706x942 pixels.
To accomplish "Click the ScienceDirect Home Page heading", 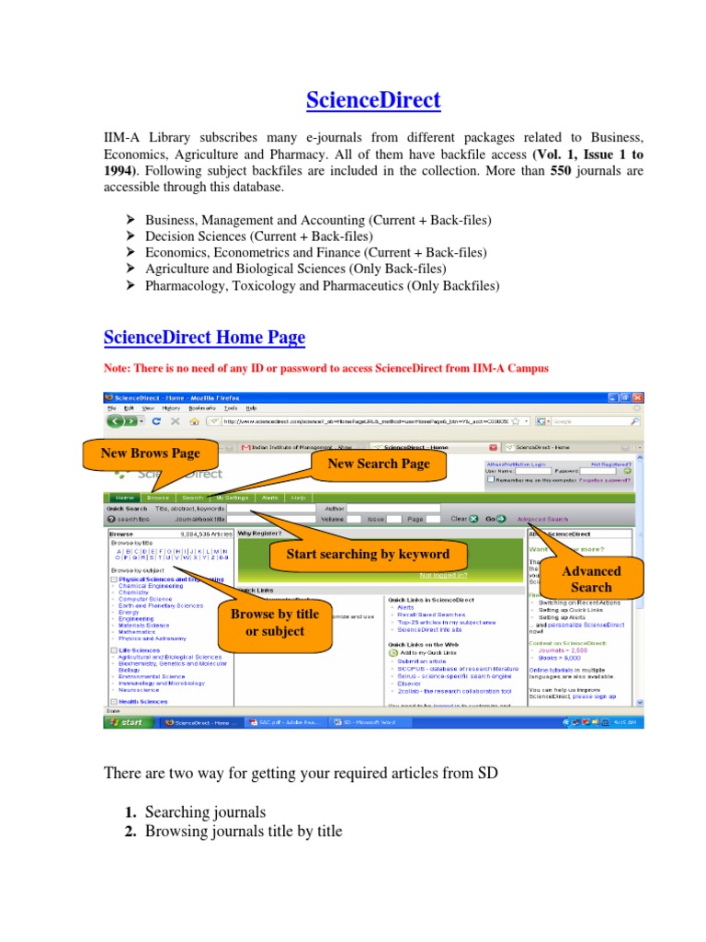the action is pyautogui.click(x=203, y=338).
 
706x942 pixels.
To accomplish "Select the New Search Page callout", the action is pyautogui.click(x=378, y=464).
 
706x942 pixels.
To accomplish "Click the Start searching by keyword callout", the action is pyautogui.click(x=368, y=554).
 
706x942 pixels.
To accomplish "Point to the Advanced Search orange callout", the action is pyautogui.click(x=591, y=579).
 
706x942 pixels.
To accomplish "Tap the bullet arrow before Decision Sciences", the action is pyautogui.click(x=131, y=236).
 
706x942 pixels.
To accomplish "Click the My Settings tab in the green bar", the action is pyautogui.click(x=233, y=497).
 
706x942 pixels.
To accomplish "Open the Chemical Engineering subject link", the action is pyautogui.click(x=152, y=585).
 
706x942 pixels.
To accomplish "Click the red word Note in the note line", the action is pyautogui.click(x=118, y=368).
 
